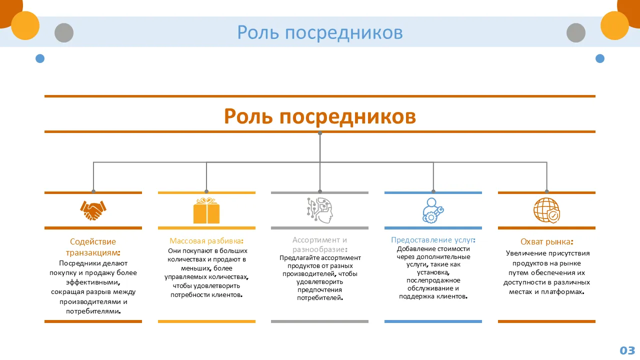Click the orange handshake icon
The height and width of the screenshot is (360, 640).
93,210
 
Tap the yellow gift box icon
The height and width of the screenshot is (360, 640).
206,210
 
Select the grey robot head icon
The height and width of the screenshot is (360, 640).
320,210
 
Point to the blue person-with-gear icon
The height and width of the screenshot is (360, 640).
433,210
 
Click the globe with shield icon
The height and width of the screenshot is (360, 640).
546,210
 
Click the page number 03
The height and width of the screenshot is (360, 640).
627,350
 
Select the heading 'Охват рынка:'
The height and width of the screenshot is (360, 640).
546,242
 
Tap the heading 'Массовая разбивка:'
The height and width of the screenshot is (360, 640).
206,240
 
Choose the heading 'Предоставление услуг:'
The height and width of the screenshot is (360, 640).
433,240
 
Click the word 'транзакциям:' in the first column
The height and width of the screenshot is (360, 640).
93,252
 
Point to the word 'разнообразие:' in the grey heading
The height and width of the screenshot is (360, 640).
320,249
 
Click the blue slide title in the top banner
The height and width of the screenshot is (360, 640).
320,32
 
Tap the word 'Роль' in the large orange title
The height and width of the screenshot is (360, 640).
248,116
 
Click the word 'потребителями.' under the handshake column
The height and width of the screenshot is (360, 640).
93,311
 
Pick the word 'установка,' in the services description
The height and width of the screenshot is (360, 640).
433,272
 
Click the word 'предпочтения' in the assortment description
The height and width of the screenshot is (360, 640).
320,290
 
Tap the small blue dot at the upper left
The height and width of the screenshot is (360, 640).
40,58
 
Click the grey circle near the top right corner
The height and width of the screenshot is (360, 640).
576,33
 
